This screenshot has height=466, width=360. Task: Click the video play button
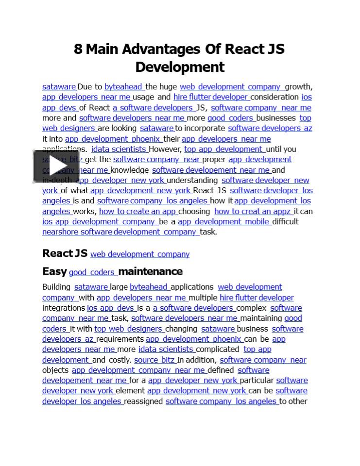(50, 166)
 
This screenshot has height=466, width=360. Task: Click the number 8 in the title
(78, 50)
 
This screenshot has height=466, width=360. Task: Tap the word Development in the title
(180, 67)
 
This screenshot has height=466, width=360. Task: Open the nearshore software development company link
(120, 232)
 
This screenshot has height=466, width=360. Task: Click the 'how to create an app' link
(138, 212)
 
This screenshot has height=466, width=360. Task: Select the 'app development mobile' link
(224, 222)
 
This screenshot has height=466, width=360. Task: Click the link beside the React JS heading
(140, 254)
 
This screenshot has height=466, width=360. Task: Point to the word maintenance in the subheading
(151, 271)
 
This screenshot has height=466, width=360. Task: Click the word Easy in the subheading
(54, 271)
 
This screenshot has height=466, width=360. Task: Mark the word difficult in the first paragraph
(286, 222)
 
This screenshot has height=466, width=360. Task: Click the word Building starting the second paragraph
(56, 287)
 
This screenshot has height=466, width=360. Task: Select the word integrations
(64, 308)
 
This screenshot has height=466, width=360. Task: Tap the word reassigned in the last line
(144, 401)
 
